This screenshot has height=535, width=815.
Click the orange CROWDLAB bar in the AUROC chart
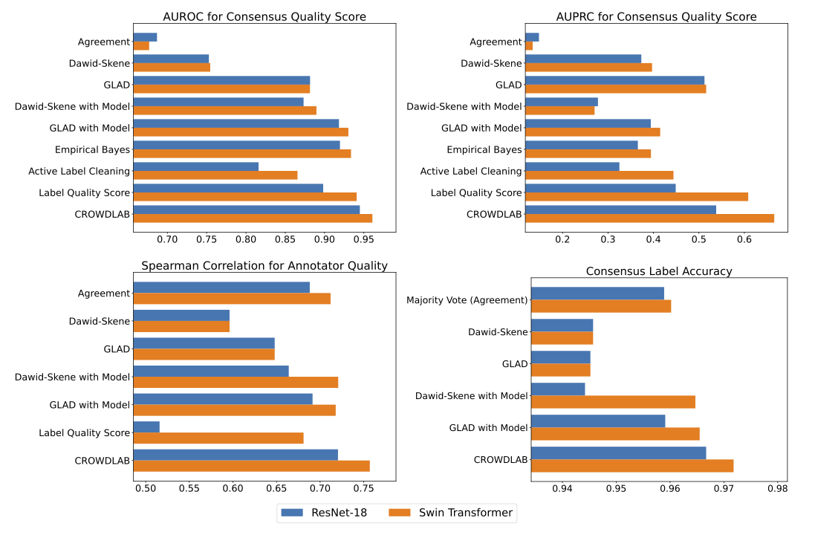pos(253,218)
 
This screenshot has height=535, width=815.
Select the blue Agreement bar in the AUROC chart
pos(145,37)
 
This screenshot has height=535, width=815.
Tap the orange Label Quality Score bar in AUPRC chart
pos(636,197)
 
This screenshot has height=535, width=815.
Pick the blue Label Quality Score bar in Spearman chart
pos(146,427)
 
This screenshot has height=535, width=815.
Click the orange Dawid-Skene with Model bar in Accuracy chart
pos(613,402)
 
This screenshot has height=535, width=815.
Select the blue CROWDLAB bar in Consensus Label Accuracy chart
pos(618,453)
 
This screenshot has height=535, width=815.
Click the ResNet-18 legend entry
pos(323,512)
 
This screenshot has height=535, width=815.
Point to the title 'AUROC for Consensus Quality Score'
pos(264,16)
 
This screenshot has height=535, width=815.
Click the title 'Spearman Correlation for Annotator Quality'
pos(264,266)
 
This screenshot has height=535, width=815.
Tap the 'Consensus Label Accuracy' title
pos(658,271)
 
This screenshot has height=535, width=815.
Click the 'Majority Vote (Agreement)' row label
pos(467,300)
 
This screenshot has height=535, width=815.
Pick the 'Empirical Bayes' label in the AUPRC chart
pos(484,150)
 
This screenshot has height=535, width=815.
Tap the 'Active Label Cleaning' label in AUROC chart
pos(79,172)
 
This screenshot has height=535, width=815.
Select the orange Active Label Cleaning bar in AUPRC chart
pos(599,175)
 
